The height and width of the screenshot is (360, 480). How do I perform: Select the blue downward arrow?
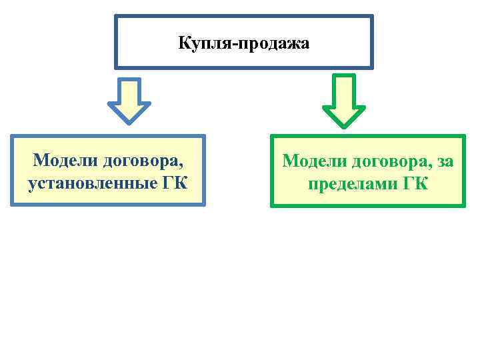(x=129, y=100)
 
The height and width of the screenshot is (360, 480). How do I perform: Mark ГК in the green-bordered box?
(x=415, y=182)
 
